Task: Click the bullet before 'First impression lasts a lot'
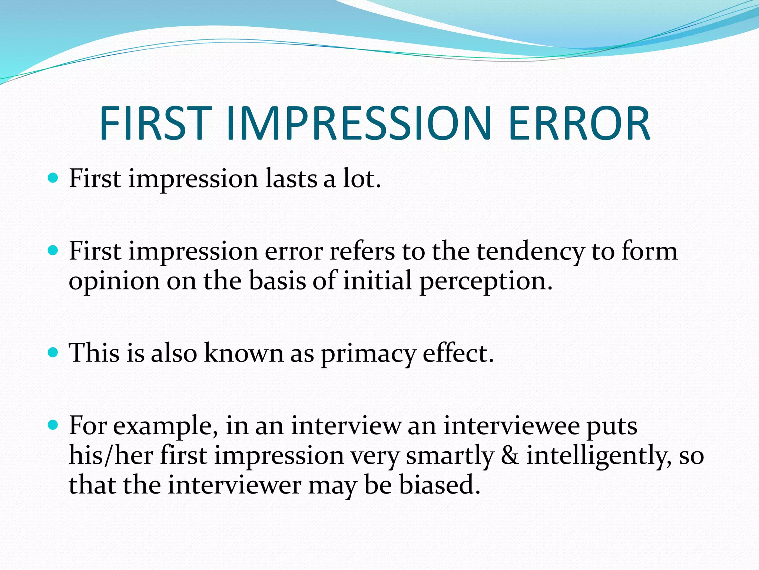[x=53, y=178]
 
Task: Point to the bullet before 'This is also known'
[x=53, y=352]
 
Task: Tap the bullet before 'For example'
[x=53, y=425]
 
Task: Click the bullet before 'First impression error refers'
[x=53, y=251]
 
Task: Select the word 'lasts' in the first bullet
[x=291, y=178]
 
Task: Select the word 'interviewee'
[x=511, y=426]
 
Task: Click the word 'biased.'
[x=440, y=485]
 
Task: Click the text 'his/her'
[x=111, y=455]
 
